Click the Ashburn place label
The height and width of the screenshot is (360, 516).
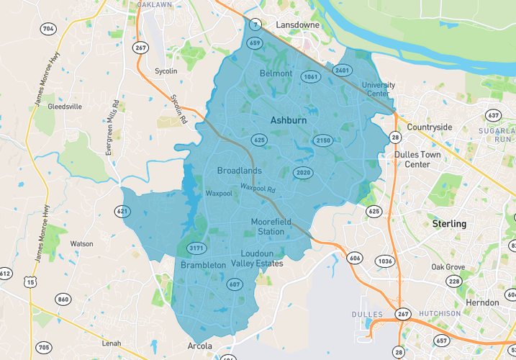click(289, 121)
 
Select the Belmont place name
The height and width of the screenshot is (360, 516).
click(276, 73)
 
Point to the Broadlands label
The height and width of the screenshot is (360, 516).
click(239, 171)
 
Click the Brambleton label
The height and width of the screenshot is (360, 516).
click(203, 265)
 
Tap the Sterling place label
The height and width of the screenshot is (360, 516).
click(449, 224)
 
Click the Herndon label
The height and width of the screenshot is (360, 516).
click(482, 302)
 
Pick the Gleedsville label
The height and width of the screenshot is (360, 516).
click(65, 106)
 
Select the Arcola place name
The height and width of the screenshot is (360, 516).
click(199, 346)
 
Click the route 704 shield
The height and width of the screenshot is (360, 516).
click(48, 30)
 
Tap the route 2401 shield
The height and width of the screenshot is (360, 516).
click(342, 70)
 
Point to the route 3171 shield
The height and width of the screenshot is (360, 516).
click(196, 249)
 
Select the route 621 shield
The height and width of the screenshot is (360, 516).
click(123, 211)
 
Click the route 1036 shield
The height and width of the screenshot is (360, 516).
click(386, 261)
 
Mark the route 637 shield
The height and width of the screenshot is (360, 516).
click(493, 115)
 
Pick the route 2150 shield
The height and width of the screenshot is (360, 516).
click(323, 140)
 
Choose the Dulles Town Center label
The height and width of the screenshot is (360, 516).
click(417, 159)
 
